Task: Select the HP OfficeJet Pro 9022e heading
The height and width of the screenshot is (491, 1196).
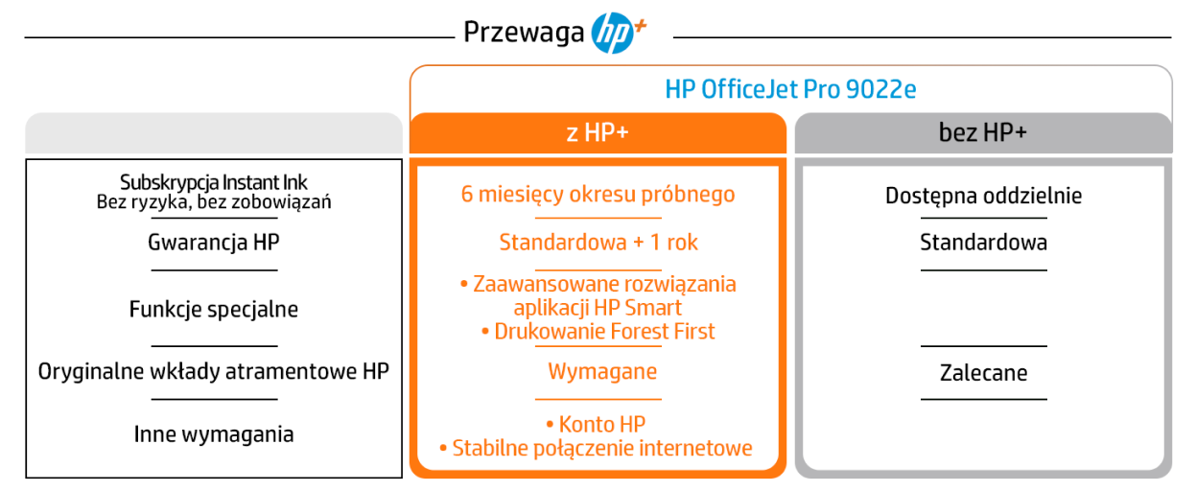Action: (790, 89)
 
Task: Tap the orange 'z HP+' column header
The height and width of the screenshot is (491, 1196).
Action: (598, 133)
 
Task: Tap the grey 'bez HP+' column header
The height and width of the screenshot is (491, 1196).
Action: (983, 133)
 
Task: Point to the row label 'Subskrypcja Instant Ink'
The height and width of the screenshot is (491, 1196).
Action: (214, 182)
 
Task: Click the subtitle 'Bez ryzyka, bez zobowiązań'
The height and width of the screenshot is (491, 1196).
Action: (214, 202)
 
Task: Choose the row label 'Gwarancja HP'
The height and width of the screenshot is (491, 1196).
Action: (214, 243)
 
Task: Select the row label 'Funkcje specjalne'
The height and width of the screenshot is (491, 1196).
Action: (214, 310)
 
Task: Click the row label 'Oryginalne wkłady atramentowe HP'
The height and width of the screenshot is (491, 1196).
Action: (214, 371)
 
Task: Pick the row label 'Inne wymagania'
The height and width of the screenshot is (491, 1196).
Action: (214, 434)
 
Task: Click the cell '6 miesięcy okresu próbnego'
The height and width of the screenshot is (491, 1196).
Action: (598, 195)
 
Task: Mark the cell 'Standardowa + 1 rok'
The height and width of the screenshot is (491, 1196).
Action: (598, 243)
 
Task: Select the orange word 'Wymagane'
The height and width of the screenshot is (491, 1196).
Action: (602, 372)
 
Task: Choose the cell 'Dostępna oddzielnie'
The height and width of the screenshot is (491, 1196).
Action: (983, 197)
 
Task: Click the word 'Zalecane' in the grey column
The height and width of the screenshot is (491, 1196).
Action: (983, 373)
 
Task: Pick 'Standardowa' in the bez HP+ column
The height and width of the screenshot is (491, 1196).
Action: (983, 243)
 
